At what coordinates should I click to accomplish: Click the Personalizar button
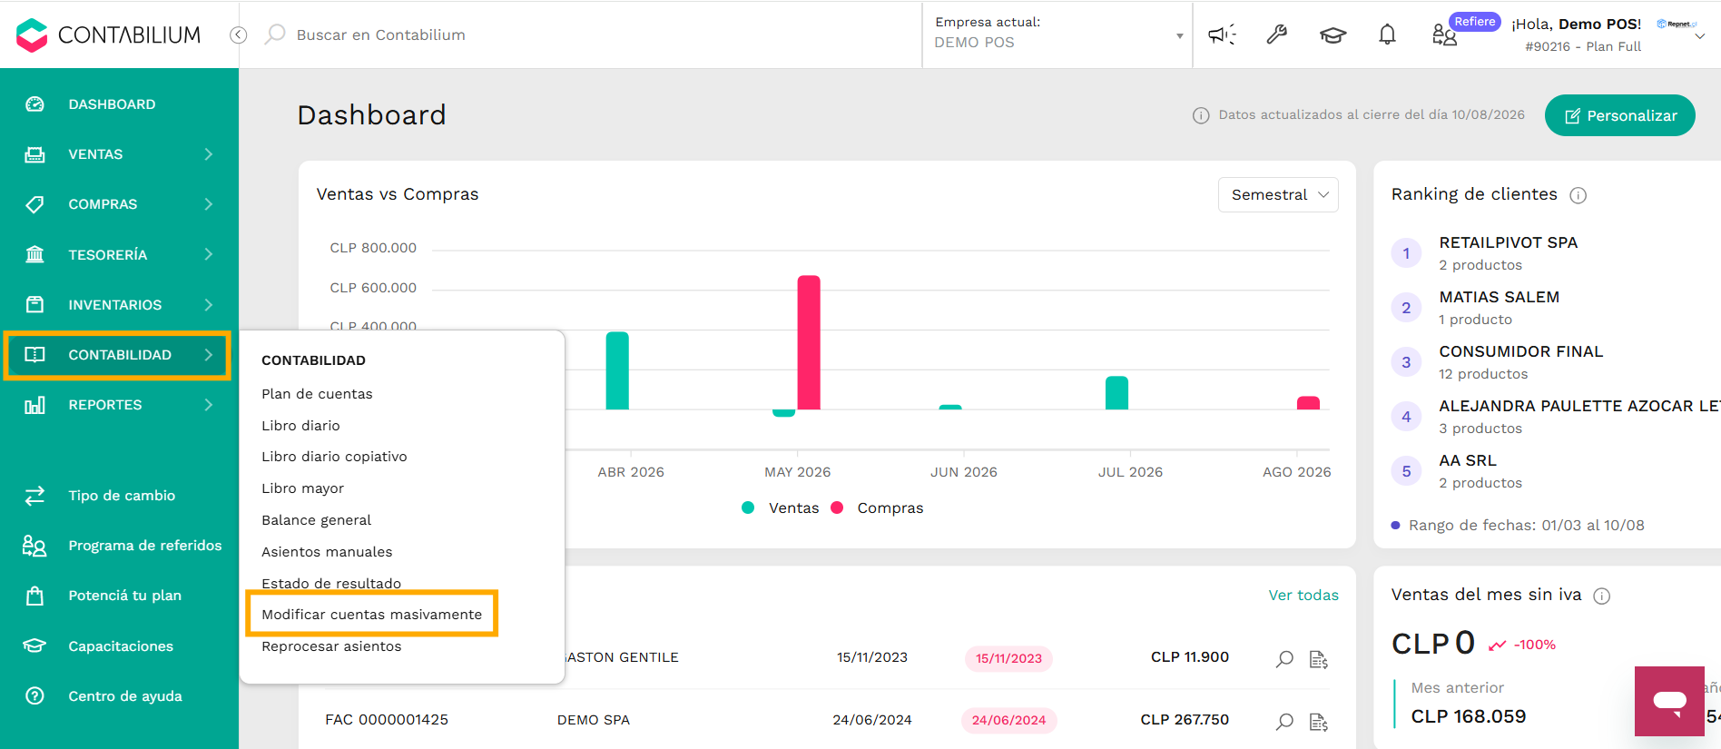[1619, 115]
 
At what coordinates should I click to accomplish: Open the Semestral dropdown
[1278, 194]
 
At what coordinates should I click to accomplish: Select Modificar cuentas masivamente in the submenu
[371, 615]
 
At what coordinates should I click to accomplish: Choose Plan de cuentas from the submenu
[317, 394]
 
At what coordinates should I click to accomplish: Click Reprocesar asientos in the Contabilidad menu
[331, 646]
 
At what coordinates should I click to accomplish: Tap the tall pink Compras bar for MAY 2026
[809, 342]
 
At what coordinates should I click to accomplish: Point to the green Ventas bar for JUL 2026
[1116, 393]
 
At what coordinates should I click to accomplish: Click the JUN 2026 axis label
[963, 472]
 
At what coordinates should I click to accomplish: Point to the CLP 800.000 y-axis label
[373, 248]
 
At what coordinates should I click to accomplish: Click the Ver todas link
[1303, 596]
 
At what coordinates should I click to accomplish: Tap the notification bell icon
[1387, 34]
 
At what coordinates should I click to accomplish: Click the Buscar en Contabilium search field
[381, 34]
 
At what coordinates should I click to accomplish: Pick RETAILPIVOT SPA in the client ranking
[1509, 242]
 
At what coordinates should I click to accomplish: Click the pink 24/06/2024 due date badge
[1008, 720]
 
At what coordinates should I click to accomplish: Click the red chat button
[1669, 701]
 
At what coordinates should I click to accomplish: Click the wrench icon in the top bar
[1277, 34]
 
